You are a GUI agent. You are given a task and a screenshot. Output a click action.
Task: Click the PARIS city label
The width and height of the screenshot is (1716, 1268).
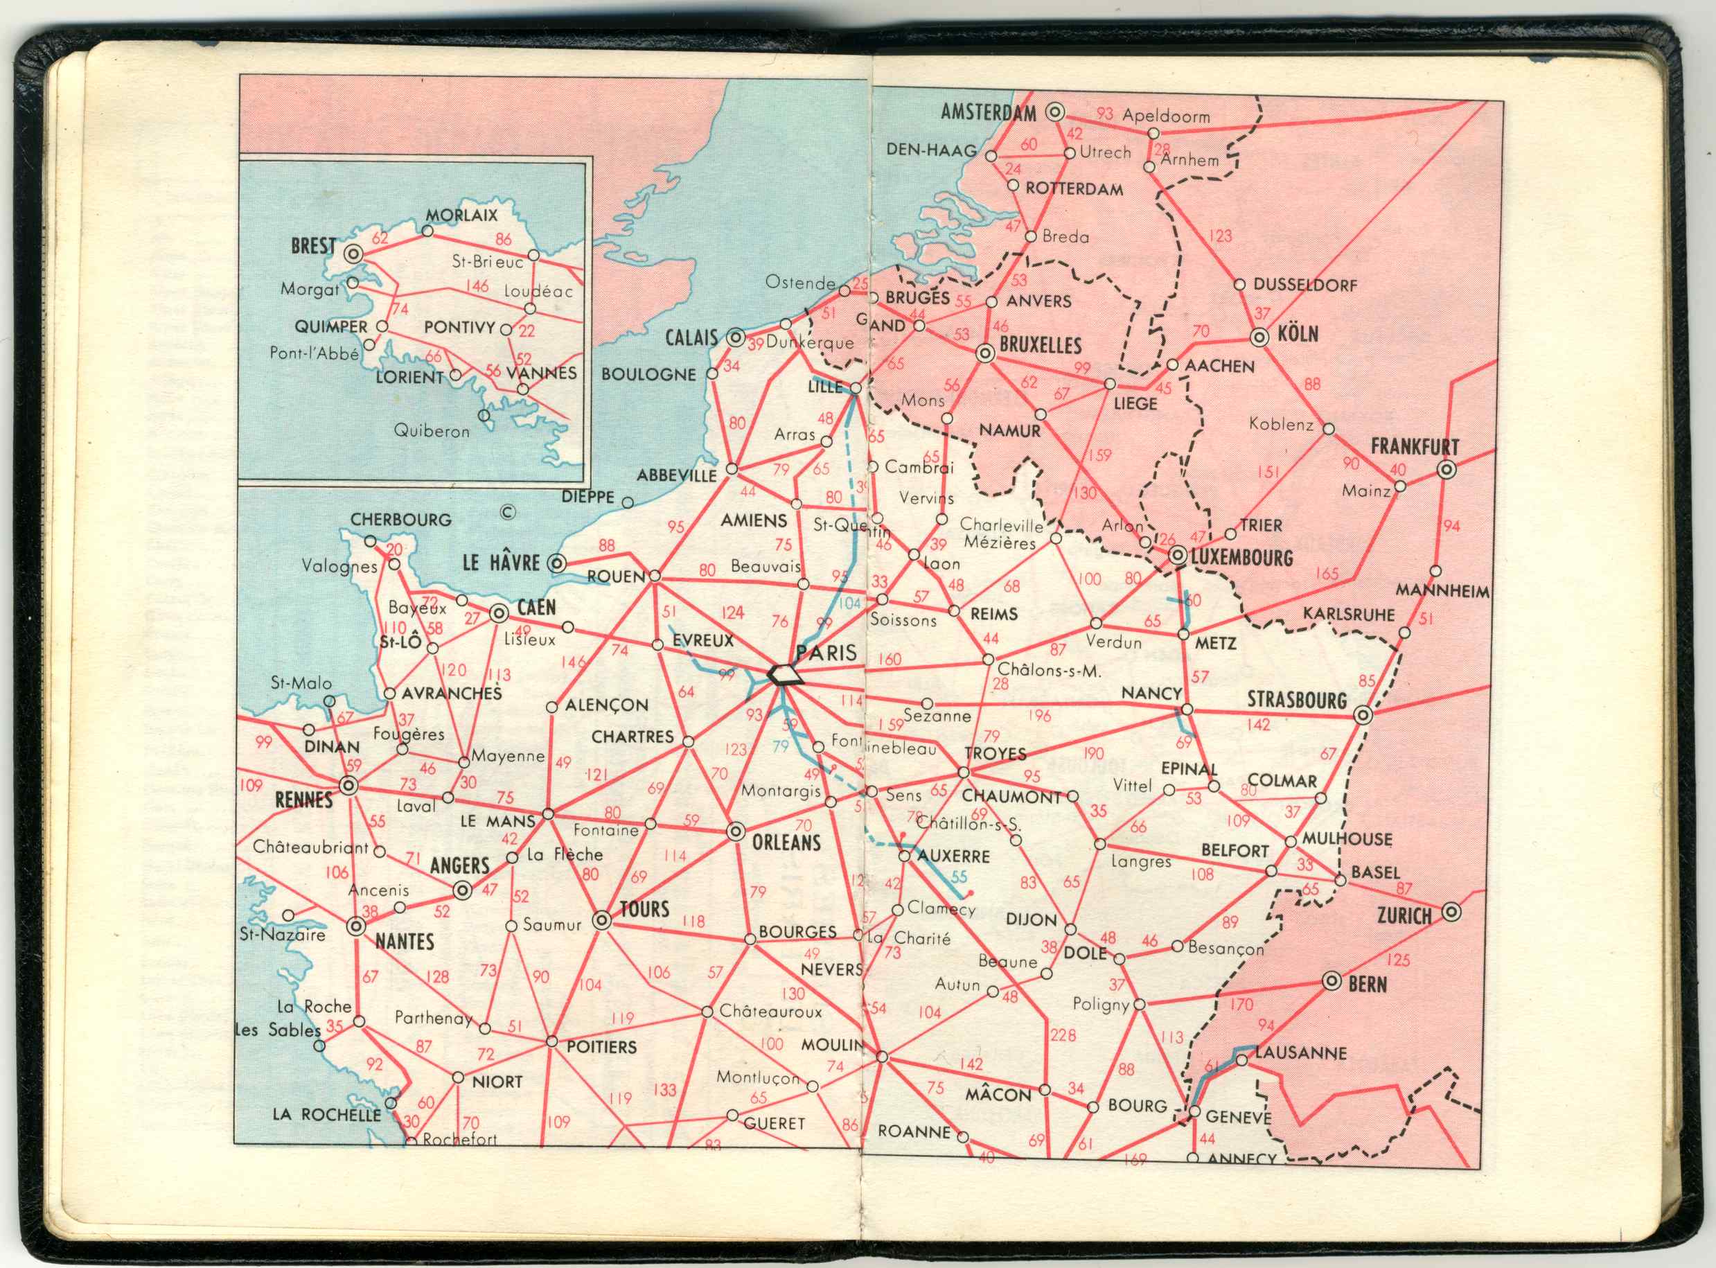(826, 653)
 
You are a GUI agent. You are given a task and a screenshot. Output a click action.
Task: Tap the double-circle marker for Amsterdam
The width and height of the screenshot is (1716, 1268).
(1056, 112)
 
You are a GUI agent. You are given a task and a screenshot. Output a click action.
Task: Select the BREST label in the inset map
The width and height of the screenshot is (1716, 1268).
(313, 247)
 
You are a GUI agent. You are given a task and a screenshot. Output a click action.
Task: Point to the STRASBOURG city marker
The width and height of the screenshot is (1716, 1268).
(1363, 715)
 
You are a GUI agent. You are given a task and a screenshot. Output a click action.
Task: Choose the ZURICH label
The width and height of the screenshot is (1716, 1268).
(1404, 916)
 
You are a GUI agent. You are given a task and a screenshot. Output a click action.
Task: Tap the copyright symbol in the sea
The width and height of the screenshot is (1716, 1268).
(507, 513)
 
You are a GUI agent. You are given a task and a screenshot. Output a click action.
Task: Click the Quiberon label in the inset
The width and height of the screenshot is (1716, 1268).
(432, 432)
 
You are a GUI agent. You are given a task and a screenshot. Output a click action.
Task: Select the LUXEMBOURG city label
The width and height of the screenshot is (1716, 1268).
(1241, 557)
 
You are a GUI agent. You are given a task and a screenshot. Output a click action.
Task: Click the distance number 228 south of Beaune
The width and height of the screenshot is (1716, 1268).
(1063, 1035)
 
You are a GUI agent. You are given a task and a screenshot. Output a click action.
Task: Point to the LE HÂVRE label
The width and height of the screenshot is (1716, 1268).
(501, 563)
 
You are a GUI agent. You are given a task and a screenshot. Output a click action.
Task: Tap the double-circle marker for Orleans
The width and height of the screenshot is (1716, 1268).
(735, 831)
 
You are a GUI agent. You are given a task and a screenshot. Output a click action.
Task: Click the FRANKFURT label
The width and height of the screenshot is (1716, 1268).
(1415, 447)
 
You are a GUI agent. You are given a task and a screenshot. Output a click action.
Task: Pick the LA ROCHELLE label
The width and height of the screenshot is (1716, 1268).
(327, 1113)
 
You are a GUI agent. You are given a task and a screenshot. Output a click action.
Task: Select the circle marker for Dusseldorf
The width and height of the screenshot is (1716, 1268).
(1239, 285)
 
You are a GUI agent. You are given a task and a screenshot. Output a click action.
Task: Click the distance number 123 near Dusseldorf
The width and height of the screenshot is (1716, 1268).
(1219, 236)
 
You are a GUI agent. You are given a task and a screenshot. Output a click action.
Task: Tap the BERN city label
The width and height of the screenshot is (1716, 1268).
(1368, 984)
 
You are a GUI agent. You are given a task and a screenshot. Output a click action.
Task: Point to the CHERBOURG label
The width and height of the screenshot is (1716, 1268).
(400, 520)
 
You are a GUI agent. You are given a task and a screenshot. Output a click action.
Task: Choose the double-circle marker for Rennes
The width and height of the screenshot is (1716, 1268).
(348, 786)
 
